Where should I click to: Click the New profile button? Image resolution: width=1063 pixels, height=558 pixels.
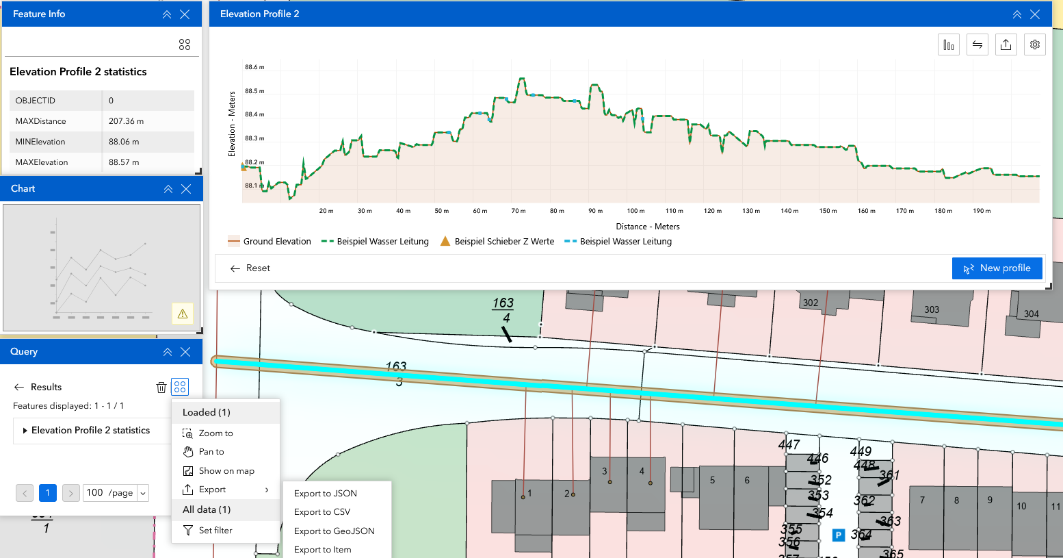click(x=997, y=268)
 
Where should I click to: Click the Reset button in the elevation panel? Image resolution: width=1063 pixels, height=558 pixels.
click(x=250, y=268)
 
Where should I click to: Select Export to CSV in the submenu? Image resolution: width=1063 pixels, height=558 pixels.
click(x=322, y=512)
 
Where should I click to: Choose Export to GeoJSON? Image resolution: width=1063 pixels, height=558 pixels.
click(x=334, y=531)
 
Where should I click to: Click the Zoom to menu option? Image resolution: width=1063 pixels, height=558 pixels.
click(x=215, y=433)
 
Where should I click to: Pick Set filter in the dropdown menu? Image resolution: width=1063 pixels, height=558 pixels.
click(x=215, y=531)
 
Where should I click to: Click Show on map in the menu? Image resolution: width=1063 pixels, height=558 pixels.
click(x=226, y=471)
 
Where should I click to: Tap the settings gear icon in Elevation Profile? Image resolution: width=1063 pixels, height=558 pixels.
click(x=1034, y=45)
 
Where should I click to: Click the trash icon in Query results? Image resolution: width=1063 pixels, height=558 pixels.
click(x=161, y=388)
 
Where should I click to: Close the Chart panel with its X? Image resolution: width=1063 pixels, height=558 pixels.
click(x=186, y=189)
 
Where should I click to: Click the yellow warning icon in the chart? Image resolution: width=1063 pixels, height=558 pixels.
click(x=183, y=314)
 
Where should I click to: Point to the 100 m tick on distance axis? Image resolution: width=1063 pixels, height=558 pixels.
click(x=635, y=211)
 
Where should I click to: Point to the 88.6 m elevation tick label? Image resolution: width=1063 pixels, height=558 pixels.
click(x=254, y=67)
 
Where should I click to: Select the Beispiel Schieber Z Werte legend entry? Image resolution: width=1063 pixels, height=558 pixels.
click(x=497, y=242)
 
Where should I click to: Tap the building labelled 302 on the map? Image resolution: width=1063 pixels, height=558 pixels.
click(x=811, y=303)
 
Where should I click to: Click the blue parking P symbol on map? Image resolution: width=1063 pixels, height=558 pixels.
click(x=838, y=535)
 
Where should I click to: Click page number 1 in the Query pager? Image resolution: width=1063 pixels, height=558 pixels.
click(x=47, y=493)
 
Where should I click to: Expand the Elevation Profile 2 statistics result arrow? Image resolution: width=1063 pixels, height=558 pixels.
click(x=25, y=431)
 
